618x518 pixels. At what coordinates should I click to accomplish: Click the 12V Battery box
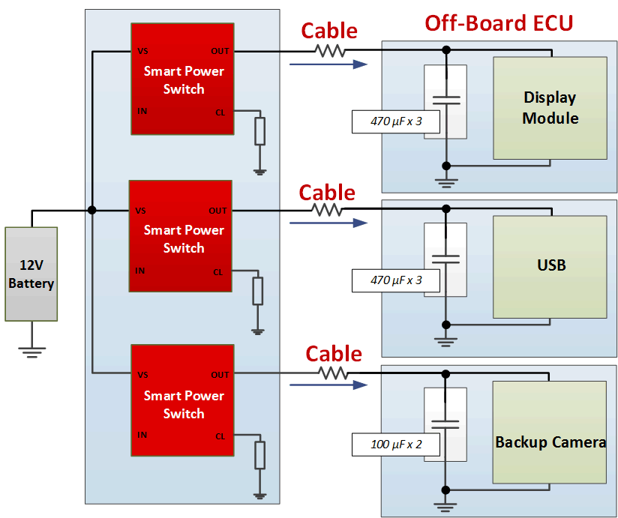pyautogui.click(x=31, y=274)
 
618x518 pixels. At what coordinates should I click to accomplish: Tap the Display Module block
pyautogui.click(x=550, y=108)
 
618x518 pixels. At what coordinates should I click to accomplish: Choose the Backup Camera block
pyautogui.click(x=550, y=442)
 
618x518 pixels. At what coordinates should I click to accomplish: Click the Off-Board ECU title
pyautogui.click(x=499, y=22)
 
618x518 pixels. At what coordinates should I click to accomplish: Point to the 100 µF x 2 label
pyautogui.click(x=396, y=444)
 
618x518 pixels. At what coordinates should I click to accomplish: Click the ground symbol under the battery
pyautogui.click(x=31, y=350)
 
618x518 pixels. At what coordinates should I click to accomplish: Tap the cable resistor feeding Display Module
pyautogui.click(x=330, y=51)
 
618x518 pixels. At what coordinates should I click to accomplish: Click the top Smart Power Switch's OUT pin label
pyautogui.click(x=220, y=51)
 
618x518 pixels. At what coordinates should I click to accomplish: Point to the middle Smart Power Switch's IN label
pyautogui.click(x=140, y=271)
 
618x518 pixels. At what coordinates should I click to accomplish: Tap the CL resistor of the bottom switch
pyautogui.click(x=259, y=455)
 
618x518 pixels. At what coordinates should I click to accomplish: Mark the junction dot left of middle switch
pyautogui.click(x=91, y=211)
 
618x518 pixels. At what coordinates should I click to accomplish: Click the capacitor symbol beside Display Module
pyautogui.click(x=445, y=99)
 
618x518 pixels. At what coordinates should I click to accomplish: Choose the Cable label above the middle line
pyautogui.click(x=327, y=193)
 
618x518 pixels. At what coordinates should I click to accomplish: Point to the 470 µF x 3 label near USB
pyautogui.click(x=396, y=280)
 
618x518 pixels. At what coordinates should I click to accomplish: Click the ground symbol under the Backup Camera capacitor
pyautogui.click(x=445, y=505)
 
